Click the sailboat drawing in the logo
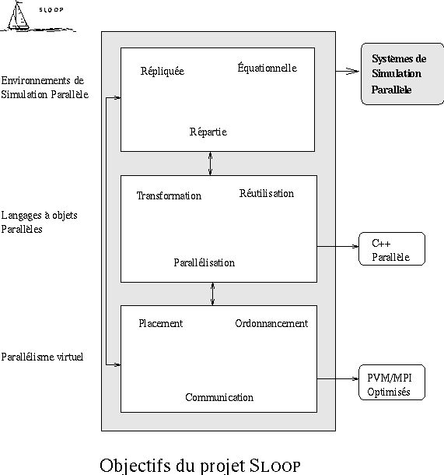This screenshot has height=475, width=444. pos(19,16)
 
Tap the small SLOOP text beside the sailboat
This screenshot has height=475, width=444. pos(51,9)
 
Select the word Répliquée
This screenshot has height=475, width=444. pos(163,71)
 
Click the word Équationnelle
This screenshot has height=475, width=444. pos(267,67)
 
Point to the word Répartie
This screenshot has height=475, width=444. pos(208,132)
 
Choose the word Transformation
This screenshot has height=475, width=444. pos(169,195)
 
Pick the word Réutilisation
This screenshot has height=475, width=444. pos(267,193)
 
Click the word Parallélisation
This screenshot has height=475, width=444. pos(205,262)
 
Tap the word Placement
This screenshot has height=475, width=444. pos(161,323)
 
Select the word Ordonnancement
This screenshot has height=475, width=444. pos(271,323)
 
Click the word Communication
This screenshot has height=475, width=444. pos(219,397)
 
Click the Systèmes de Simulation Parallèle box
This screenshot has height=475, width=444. pos(402,74)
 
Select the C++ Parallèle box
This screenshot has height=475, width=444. pos(392,249)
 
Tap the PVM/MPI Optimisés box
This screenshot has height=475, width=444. pos(392,382)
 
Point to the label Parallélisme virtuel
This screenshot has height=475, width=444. pos(42,357)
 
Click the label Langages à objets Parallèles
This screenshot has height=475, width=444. pos(40,222)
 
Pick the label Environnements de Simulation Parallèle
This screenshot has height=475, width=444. pos(45,87)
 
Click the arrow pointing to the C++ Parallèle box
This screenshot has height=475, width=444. pos(337,247)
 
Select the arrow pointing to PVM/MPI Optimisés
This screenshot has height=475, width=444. pos(337,378)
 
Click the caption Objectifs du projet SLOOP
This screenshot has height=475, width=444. pos(200,466)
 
